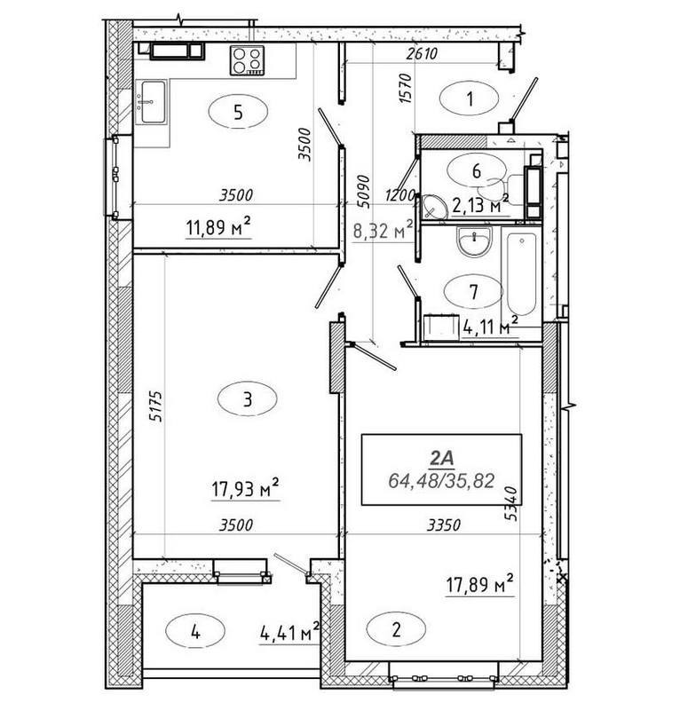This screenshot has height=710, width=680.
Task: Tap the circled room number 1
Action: (470, 99)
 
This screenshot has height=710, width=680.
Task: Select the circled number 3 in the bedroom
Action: (247, 400)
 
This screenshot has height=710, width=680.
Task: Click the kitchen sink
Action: (153, 100)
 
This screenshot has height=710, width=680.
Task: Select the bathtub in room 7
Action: (521, 274)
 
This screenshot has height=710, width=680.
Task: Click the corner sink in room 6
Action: (434, 207)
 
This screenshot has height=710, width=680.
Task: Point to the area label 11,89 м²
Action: (217, 231)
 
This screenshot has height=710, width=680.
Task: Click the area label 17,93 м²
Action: (246, 487)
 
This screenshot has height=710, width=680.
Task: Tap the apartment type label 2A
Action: (440, 459)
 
